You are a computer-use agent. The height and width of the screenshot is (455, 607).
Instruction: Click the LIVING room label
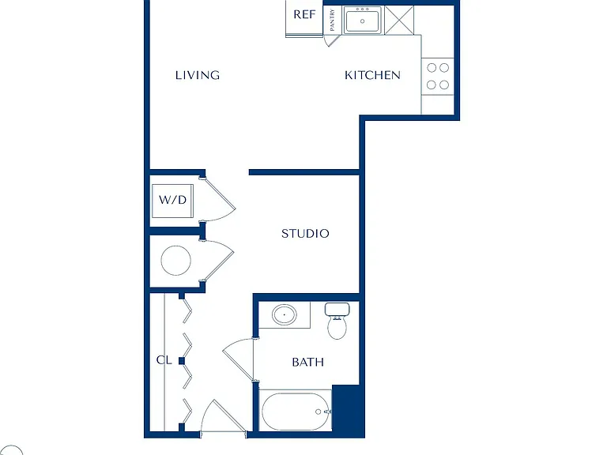198,75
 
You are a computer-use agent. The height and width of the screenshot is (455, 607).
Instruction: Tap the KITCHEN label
372,75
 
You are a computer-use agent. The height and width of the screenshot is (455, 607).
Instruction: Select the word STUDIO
305,233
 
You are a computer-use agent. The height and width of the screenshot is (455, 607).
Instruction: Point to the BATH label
307,362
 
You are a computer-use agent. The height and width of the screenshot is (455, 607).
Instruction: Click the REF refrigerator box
304,18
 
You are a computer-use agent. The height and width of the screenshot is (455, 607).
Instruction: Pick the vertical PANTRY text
332,20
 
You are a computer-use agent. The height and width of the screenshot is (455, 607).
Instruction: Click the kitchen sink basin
362,21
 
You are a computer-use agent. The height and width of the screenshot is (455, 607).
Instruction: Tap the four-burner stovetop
437,76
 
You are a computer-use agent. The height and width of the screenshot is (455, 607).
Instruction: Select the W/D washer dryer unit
172,201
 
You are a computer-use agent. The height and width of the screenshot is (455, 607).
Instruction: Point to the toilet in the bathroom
337,322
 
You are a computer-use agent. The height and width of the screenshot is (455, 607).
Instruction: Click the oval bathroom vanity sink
285,315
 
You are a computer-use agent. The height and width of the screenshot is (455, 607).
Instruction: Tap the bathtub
296,412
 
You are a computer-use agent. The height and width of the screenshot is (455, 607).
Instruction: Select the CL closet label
164,360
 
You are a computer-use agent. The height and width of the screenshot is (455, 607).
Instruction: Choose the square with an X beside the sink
399,20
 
